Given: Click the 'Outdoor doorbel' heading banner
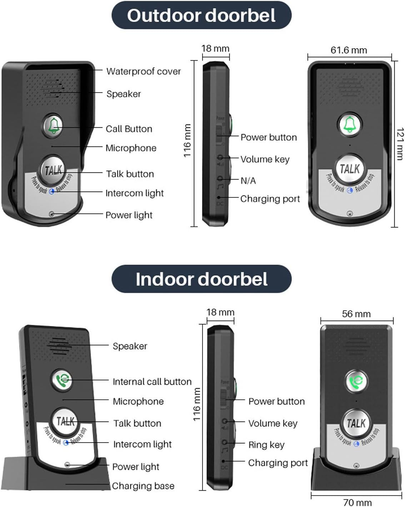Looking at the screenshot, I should click(201, 15).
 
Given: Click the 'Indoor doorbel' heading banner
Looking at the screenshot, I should click(201, 279).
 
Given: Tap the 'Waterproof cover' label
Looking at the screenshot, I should click(144, 71).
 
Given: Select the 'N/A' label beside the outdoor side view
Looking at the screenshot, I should click(248, 181).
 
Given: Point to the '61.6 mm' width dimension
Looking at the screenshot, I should click(349, 50).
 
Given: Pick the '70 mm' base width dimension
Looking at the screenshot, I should click(357, 502).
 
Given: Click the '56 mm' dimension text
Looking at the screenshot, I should click(356, 314).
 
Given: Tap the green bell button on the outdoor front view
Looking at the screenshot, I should click(349, 124).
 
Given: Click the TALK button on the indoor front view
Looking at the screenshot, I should click(356, 423).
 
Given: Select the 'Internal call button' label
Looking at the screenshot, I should click(152, 382).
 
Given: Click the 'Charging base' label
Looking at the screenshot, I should click(143, 486).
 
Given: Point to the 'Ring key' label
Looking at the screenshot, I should click(266, 445).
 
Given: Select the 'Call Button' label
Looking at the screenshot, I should click(129, 129).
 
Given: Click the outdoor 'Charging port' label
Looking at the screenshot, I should click(270, 199).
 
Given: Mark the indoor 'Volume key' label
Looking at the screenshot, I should click(273, 423).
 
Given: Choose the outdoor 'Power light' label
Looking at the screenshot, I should click(129, 215).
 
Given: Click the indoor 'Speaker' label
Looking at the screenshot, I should click(130, 346).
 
